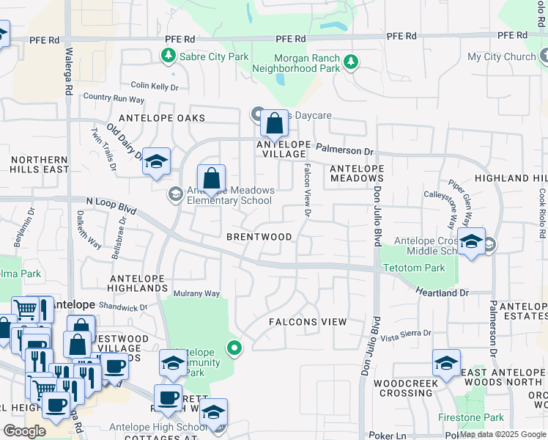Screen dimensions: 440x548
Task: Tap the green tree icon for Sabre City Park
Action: tap(169, 56)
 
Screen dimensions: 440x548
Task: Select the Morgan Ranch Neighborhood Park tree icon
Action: tap(352, 62)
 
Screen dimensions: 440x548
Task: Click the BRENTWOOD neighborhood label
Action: tap(259, 237)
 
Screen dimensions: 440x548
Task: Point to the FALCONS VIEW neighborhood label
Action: tap(307, 322)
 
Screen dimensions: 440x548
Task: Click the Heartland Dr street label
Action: tap(442, 293)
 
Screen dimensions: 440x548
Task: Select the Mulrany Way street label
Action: tap(196, 293)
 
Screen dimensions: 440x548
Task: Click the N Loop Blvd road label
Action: tap(111, 205)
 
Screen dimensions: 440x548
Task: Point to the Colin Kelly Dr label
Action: tap(154, 87)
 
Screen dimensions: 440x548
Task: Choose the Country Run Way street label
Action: tap(114, 98)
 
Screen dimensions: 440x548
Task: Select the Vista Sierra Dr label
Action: tap(406, 334)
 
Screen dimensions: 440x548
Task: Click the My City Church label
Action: tap(501, 56)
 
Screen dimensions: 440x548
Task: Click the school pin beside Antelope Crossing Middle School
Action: tap(471, 242)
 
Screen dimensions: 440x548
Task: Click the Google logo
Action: tap(24, 431)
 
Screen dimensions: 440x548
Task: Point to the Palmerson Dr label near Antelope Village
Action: tap(344, 151)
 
